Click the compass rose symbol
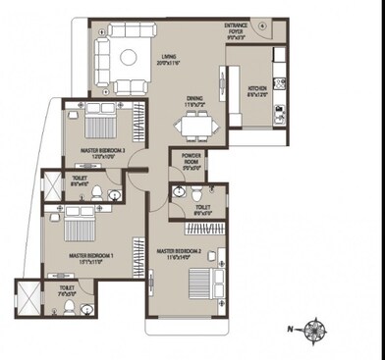[x=315, y=328]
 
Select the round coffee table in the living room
[x=129, y=58]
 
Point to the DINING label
[x=195, y=97]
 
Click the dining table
[x=196, y=125]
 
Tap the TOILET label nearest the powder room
[x=201, y=207]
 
